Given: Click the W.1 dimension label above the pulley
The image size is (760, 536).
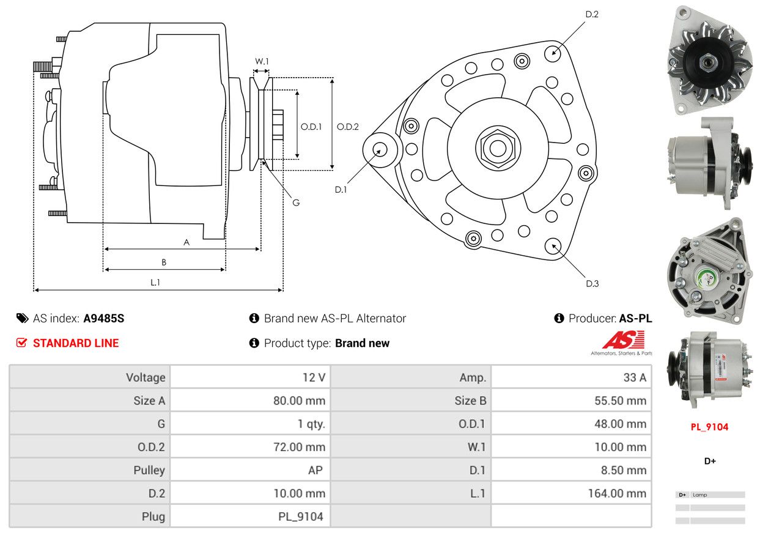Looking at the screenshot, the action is pos(262,61).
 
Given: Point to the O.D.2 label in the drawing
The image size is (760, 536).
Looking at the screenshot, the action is pos(347,127).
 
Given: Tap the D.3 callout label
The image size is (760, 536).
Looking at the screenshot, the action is pos(592,283).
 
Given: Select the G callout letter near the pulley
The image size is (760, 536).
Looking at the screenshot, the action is pos(296,203).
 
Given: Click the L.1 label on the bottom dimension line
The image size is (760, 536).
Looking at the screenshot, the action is pos(155,282).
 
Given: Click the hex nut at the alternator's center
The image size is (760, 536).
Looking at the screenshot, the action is pos(498,149).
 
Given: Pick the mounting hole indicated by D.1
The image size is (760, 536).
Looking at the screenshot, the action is pos(380,150).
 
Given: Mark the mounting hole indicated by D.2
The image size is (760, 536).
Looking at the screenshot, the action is pos(552,54).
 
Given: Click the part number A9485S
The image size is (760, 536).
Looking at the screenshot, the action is pos(104,318).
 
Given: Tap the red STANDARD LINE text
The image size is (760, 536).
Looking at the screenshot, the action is pos(76,343).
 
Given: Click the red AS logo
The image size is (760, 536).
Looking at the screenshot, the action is pos(623,340).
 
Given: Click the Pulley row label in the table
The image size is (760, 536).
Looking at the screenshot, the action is pos(149,470).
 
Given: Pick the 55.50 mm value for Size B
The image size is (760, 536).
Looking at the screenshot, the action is pos(620,401).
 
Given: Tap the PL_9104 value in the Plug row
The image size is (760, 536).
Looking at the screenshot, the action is pos(301,516).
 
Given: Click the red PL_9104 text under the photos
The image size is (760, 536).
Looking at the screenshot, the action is pos(709,426).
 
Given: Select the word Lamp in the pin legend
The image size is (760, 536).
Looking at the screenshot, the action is pos(700,494).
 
